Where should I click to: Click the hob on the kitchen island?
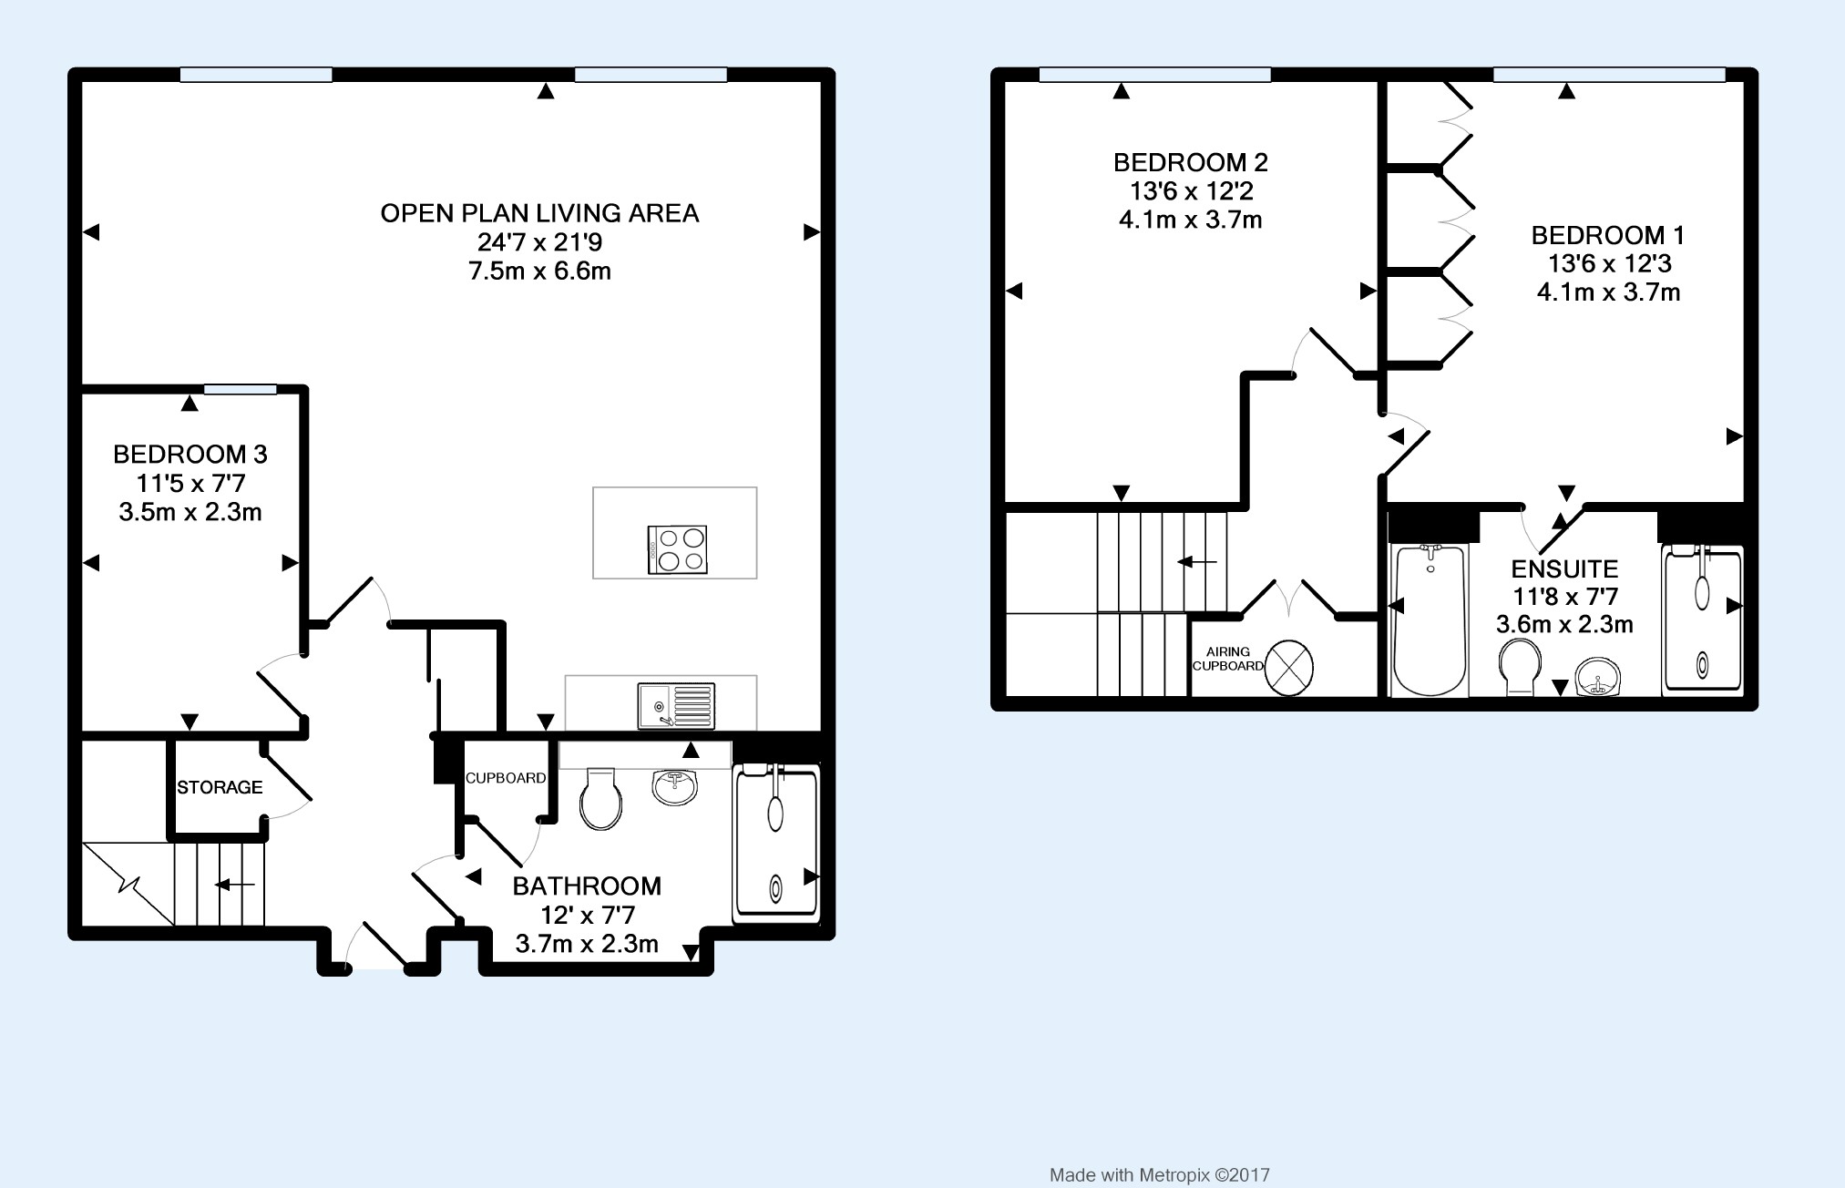tap(677, 550)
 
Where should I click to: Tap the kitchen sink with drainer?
tap(676, 706)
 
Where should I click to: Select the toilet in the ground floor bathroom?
tap(601, 798)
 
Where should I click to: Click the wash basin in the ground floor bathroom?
tap(675, 787)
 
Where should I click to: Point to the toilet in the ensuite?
tap(1519, 668)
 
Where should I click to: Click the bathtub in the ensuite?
tap(1430, 620)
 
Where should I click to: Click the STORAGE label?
tap(220, 787)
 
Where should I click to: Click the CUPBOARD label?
tap(506, 778)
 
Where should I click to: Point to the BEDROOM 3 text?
tap(190, 454)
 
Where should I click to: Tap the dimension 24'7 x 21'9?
tap(539, 242)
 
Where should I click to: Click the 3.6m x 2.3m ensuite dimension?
tap(1564, 625)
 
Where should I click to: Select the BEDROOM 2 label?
tap(1190, 163)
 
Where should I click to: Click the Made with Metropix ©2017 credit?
tap(1159, 1175)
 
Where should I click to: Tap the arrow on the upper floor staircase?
tap(1197, 562)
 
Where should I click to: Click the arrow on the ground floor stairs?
tap(234, 885)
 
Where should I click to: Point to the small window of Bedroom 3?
tap(240, 390)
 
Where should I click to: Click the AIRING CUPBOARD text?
tap(1227, 659)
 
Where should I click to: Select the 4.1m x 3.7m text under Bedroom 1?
tap(1608, 292)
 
